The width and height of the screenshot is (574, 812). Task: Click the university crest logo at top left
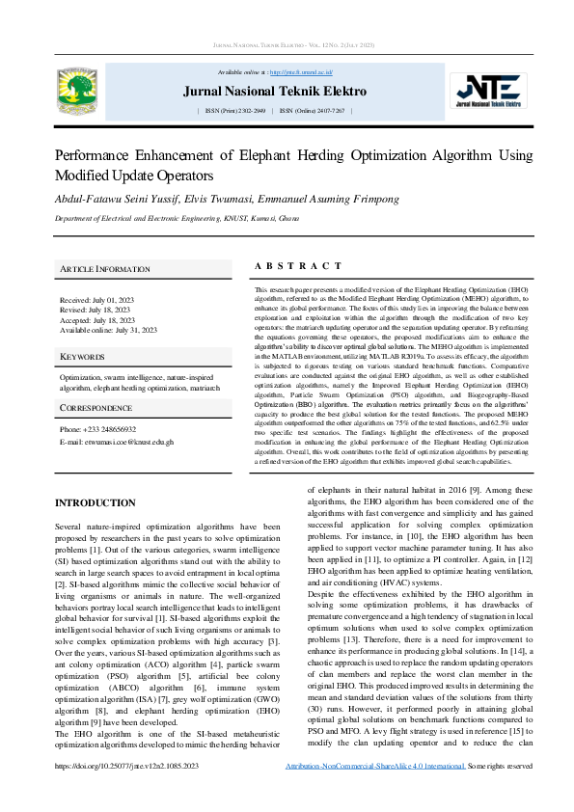pos(77,88)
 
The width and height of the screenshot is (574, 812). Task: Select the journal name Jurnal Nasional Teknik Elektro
pos(275,92)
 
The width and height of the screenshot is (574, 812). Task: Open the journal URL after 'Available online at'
pos(300,72)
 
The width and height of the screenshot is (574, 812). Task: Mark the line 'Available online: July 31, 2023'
pos(108,330)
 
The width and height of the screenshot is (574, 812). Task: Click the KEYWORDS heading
pos(82,357)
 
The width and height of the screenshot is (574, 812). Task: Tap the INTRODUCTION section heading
pos(96,503)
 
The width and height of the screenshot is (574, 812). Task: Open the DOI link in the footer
pos(127,793)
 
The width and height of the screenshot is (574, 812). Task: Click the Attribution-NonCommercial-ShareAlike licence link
pos(375,793)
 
